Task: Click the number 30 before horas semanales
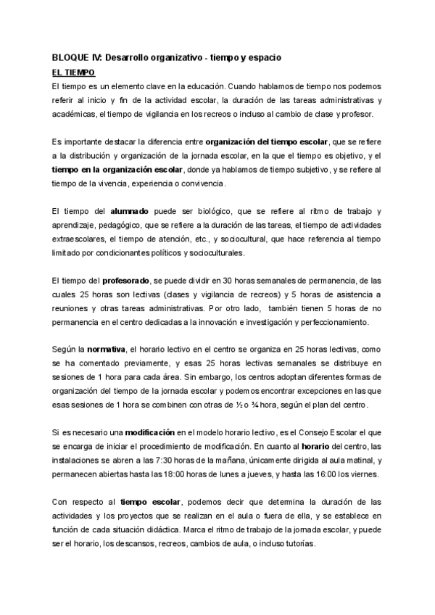click(x=207, y=280)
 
